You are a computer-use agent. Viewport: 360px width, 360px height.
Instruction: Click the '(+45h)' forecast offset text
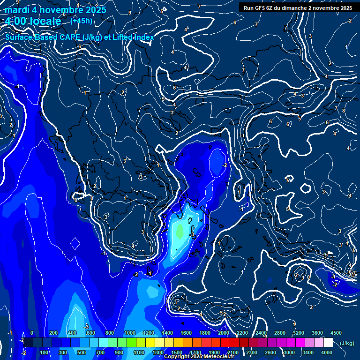pyautogui.click(x=81, y=21)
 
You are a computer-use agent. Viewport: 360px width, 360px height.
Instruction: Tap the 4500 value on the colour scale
pyautogui.click(x=336, y=333)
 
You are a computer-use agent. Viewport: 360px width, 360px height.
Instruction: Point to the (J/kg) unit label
pyautogui.click(x=346, y=343)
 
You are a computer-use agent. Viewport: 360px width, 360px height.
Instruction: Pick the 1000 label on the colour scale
pyautogui.click(x=129, y=333)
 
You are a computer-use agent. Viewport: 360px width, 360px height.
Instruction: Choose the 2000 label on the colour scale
pyautogui.click(x=223, y=333)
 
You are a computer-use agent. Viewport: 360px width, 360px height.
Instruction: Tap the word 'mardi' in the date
pyautogui.click(x=16, y=10)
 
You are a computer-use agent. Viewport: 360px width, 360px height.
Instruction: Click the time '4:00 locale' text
pyautogui.click(x=33, y=21)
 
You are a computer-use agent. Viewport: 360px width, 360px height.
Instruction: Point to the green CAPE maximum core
pyautogui.click(x=180, y=231)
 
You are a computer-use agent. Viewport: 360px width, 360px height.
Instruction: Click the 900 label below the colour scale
pyautogui.click(x=119, y=352)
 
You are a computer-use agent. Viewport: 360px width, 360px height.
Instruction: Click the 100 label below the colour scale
pyautogui.click(x=45, y=352)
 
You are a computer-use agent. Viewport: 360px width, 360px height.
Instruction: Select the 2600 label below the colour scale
pyautogui.click(x=270, y=352)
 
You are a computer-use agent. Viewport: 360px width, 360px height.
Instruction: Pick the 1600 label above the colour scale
pyautogui.click(x=186, y=333)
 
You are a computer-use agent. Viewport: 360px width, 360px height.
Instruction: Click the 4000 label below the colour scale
pyautogui.click(x=326, y=352)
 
